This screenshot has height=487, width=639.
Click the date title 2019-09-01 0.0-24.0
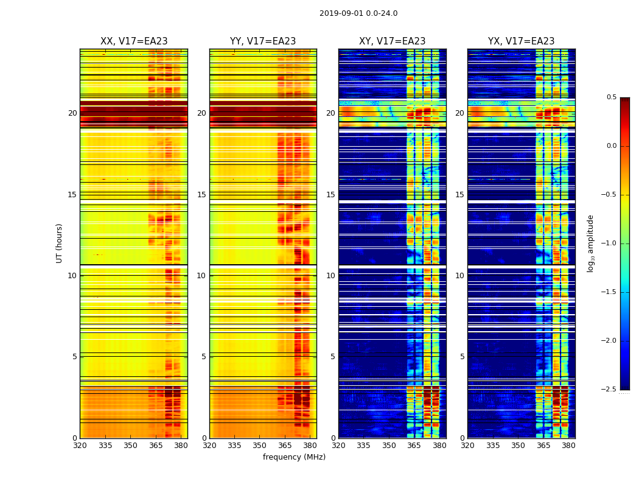(358, 13)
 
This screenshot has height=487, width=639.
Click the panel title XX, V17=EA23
(134, 41)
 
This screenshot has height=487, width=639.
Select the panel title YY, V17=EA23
(263, 41)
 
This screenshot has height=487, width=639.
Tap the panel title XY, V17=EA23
(392, 41)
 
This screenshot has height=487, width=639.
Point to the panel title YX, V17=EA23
(521, 41)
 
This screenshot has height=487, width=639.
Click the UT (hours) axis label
(60, 243)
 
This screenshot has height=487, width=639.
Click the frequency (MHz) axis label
(294, 457)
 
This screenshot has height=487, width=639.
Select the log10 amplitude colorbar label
(590, 243)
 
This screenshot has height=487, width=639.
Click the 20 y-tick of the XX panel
(72, 113)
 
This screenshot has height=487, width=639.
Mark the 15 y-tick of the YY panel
(201, 195)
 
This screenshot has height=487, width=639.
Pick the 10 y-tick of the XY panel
(330, 276)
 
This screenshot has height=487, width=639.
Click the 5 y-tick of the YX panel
(462, 357)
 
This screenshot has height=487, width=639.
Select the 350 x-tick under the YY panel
(260, 446)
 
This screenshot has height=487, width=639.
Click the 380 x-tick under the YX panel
(568, 446)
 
